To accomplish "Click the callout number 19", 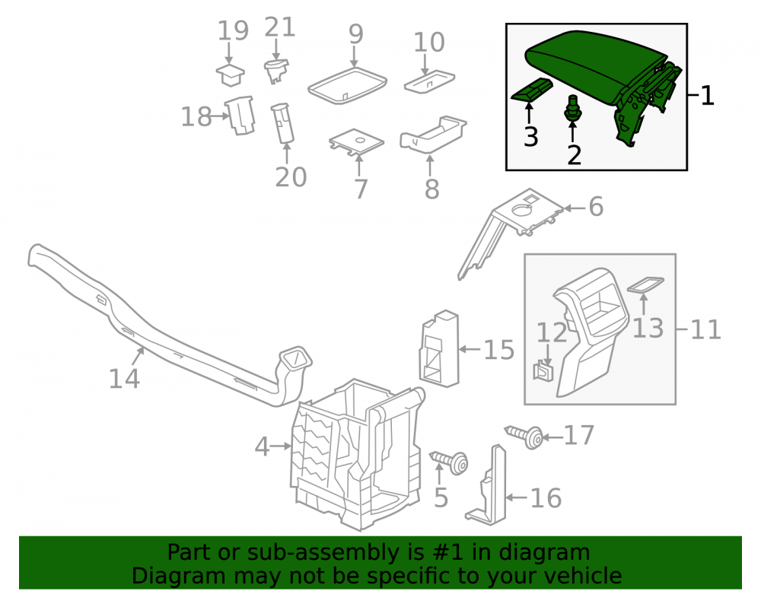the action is [233, 30].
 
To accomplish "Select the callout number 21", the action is [280, 27].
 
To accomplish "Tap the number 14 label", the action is [124, 379].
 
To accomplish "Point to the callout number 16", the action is [546, 498].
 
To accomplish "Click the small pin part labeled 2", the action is [573, 108].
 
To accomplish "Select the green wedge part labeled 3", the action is [531, 90].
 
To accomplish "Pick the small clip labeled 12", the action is [543, 370].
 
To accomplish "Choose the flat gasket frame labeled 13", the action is [645, 284].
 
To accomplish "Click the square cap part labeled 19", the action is [230, 75].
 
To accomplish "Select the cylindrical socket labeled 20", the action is [282, 123].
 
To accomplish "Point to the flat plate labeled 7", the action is [357, 142].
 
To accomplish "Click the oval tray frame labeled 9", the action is [348, 85].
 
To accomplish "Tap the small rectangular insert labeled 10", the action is [429, 81].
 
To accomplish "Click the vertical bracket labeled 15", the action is [439, 348].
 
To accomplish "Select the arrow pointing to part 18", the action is [221, 116].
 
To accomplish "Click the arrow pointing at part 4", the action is [281, 446].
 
